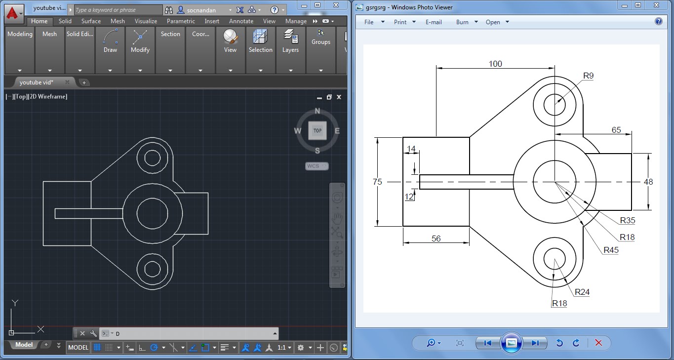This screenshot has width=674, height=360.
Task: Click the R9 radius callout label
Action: pyautogui.click(x=588, y=76)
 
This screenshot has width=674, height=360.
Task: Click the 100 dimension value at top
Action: pyautogui.click(x=495, y=64)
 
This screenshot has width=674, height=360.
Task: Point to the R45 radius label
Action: pyautogui.click(x=611, y=250)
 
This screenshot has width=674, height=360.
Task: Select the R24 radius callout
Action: pyautogui.click(x=582, y=292)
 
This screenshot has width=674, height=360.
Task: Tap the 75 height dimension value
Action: pyautogui.click(x=377, y=182)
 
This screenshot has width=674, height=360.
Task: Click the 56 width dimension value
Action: pyautogui.click(x=436, y=239)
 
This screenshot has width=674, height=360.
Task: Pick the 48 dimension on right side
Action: pyautogui.click(x=648, y=182)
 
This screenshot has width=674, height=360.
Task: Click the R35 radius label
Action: pyautogui.click(x=628, y=220)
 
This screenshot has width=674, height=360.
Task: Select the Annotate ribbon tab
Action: pyautogui.click(x=241, y=21)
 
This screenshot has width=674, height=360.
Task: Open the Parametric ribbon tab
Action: pyautogui.click(x=181, y=21)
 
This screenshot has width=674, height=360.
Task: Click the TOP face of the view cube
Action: pyautogui.click(x=317, y=130)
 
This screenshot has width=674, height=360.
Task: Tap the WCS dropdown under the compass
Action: pyautogui.click(x=317, y=166)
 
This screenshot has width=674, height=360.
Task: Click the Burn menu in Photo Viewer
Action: pyautogui.click(x=466, y=22)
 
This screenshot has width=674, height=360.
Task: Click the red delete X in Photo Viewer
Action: pyautogui.click(x=598, y=343)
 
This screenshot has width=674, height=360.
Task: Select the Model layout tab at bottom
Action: pyautogui.click(x=24, y=345)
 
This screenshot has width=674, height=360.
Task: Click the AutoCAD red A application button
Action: pyautogui.click(x=13, y=13)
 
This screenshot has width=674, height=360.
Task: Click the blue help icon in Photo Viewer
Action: pyautogui.click(x=658, y=22)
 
